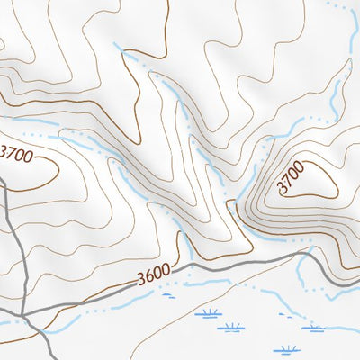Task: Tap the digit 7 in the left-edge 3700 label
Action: pyautogui.click(x=12, y=153)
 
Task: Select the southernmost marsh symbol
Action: pyautogui.click(x=289, y=349)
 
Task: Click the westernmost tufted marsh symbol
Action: pyautogui.click(x=210, y=313)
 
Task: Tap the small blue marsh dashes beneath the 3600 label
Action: pyautogui.click(x=168, y=293)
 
